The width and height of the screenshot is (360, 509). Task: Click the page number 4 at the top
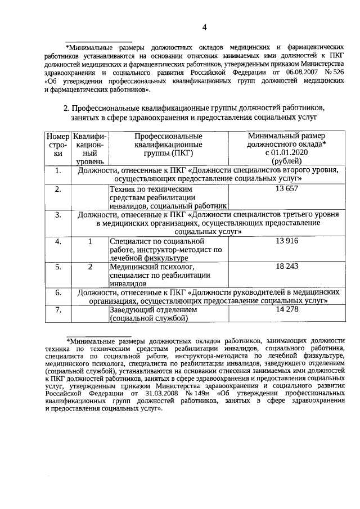205,27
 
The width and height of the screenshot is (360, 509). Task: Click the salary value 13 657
287,189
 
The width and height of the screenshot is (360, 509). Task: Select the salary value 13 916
287,241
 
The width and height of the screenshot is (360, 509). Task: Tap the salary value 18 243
287,267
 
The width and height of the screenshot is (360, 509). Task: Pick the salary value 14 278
287,310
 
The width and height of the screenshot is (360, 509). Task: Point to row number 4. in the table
58,241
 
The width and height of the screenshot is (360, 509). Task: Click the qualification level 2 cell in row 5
90,267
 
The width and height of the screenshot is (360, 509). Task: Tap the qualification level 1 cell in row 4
90,241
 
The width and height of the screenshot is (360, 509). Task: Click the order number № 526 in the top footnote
335,73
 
